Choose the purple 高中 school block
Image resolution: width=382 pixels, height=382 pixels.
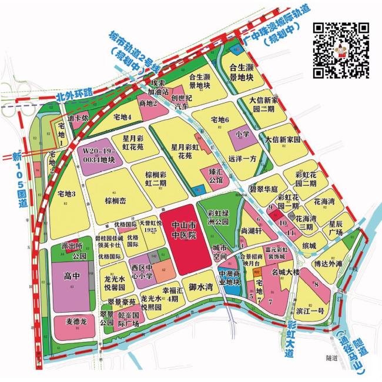point(71,276)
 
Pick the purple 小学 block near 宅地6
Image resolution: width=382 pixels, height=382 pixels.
point(243,134)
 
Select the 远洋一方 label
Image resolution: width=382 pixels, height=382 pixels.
point(243,158)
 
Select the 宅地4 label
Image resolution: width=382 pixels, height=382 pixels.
point(122,116)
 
